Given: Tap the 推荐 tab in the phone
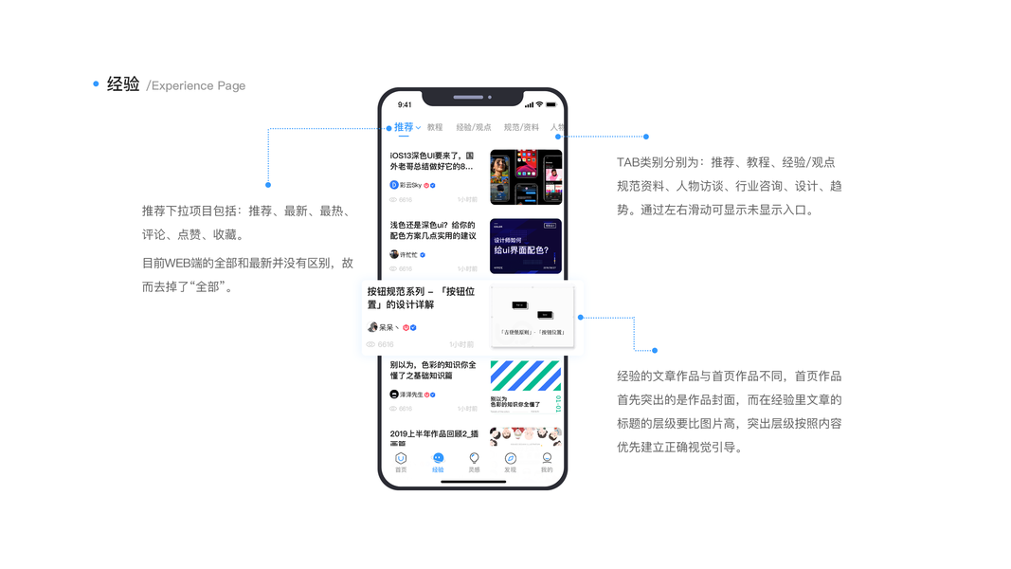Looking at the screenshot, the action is (x=404, y=127).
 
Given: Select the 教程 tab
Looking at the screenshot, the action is (x=435, y=127).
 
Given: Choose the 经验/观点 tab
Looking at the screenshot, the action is (x=474, y=127).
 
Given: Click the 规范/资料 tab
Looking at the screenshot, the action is (x=521, y=127).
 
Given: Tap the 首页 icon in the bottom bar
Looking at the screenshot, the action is (x=401, y=462).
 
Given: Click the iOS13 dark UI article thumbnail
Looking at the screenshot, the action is (x=526, y=177).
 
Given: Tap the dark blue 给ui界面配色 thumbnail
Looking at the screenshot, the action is (x=526, y=247).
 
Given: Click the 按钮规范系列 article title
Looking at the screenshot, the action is (x=421, y=298).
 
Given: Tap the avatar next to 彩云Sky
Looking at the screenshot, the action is (x=394, y=185).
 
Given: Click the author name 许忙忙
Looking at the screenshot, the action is (x=409, y=255).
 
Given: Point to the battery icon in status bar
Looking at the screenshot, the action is (x=551, y=104).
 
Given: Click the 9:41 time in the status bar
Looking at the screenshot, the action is (x=405, y=104).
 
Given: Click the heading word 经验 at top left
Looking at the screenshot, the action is (x=123, y=84).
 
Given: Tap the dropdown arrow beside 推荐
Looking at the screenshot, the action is (x=419, y=127).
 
